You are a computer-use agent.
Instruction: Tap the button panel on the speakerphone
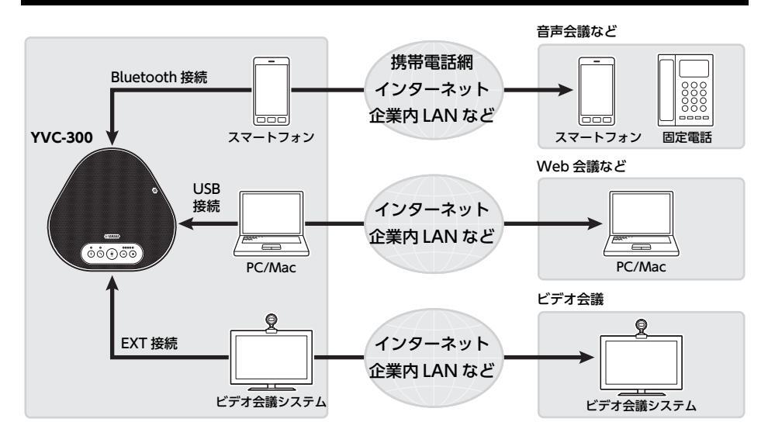[111, 254]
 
